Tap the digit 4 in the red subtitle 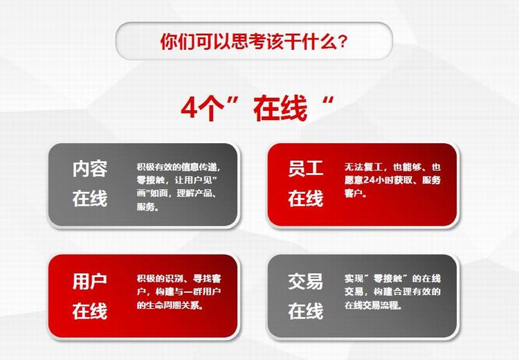point(190,108)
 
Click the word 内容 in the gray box point(90,168)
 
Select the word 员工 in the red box point(305,168)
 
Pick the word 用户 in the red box point(90,281)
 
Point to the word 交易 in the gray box point(305,281)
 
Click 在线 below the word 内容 point(90,199)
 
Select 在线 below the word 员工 point(305,199)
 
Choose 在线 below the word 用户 point(90,311)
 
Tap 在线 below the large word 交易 point(305,311)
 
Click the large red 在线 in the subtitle point(280,108)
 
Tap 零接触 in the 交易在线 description point(388,278)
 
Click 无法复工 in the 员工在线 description point(363,167)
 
